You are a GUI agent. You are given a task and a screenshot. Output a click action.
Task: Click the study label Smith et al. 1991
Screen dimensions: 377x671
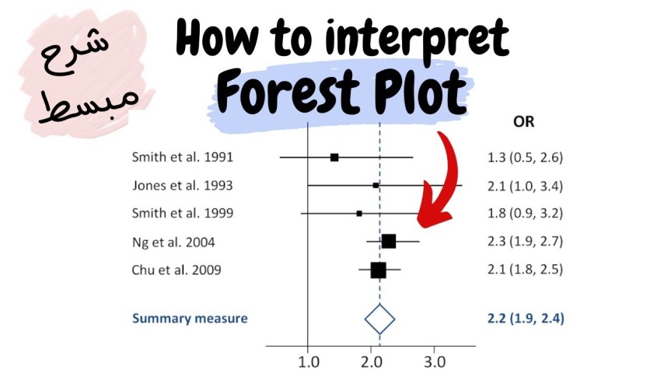click(182, 158)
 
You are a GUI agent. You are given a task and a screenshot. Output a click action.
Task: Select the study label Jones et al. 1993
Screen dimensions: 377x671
click(182, 186)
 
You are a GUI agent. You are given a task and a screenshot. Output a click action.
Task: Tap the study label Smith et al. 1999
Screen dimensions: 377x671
click(182, 213)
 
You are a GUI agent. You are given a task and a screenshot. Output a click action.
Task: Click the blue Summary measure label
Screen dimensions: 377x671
click(190, 318)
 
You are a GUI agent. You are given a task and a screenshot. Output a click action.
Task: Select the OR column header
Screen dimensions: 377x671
click(523, 122)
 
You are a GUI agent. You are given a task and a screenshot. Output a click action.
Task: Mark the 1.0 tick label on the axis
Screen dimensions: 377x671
click(309, 361)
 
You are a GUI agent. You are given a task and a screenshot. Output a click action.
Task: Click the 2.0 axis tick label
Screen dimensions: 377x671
click(372, 361)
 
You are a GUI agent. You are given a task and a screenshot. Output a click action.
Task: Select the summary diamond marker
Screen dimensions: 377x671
click(380, 319)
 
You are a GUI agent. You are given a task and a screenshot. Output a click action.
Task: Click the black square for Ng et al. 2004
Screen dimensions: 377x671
click(388, 241)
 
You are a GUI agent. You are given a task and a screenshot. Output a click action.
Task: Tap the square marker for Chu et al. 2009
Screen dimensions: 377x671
click(378, 271)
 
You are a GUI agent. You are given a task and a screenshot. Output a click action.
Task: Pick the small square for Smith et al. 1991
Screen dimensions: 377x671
click(334, 157)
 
